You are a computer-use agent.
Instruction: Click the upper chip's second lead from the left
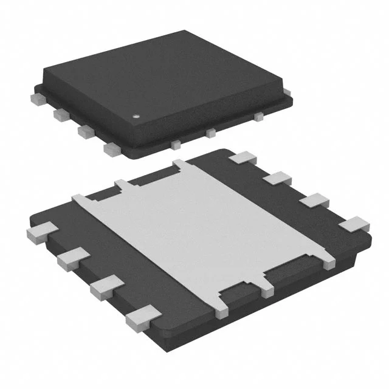tap(60, 113)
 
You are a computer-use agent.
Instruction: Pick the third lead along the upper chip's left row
tap(84, 130)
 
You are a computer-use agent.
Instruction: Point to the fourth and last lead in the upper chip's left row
tap(111, 148)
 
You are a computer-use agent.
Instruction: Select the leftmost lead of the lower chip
tap(41, 232)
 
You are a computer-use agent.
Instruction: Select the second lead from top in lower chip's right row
tap(279, 179)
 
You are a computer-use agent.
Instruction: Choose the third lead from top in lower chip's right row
tap(316, 201)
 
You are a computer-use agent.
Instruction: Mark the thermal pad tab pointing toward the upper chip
tap(182, 165)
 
